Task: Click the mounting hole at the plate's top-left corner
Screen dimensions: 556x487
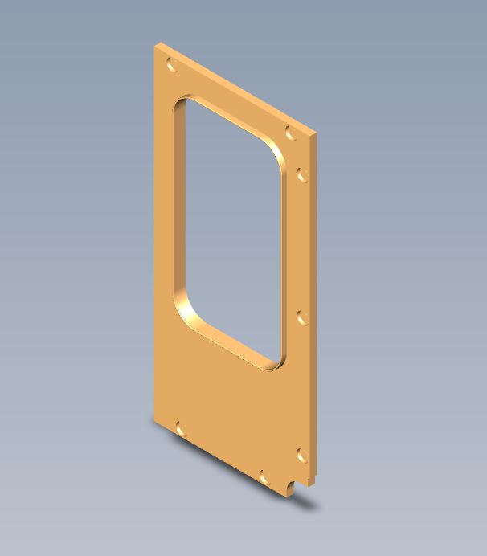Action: point(172,65)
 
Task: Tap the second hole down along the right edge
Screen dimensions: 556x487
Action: point(303,174)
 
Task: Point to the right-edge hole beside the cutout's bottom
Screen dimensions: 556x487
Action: point(303,318)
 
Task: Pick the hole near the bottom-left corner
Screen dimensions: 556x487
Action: point(181,430)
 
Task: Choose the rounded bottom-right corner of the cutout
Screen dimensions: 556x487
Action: point(275,363)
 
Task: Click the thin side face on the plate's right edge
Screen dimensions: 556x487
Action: point(313,305)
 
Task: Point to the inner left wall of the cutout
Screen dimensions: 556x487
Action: point(178,209)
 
